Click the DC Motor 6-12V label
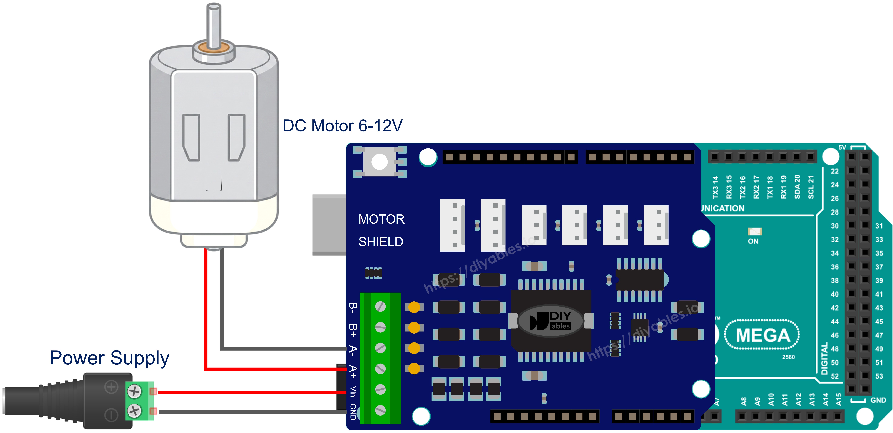click(343, 126)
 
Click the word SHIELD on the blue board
click(381, 242)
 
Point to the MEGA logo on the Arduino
click(763, 335)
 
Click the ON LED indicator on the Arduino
click(754, 231)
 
